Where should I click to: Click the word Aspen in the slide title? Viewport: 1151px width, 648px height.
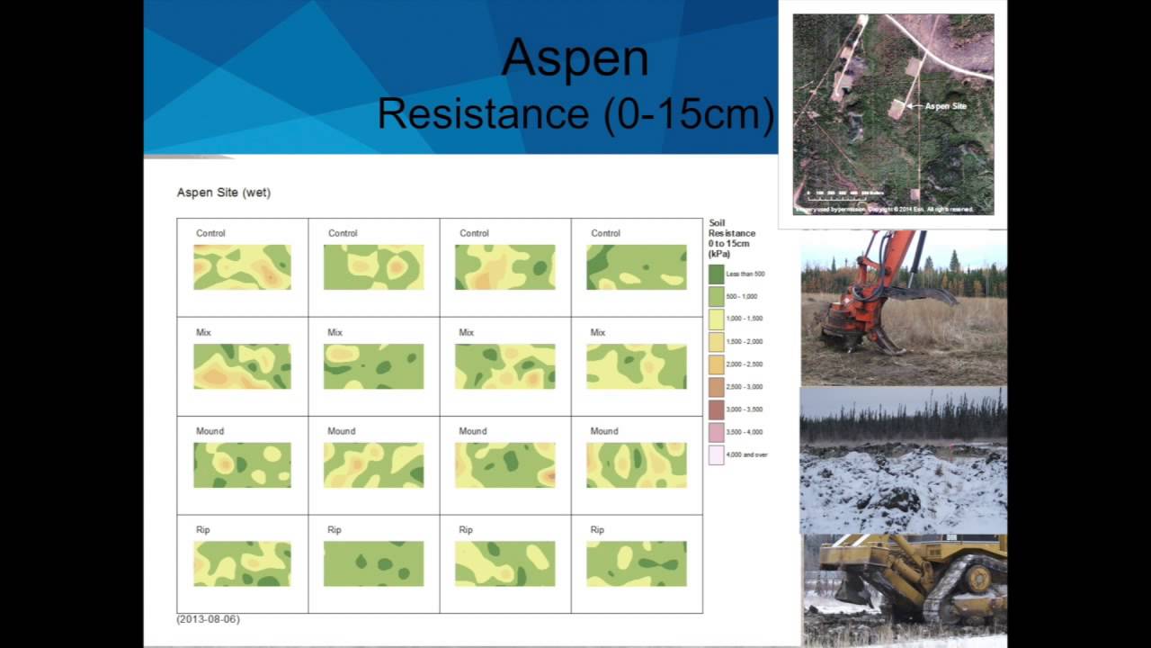click(x=575, y=58)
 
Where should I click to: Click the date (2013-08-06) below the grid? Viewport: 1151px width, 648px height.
click(x=208, y=619)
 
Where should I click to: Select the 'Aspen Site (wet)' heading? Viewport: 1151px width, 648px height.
click(x=224, y=193)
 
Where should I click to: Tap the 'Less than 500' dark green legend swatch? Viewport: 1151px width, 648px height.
click(x=716, y=274)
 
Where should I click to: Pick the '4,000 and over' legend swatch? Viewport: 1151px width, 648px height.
click(x=716, y=454)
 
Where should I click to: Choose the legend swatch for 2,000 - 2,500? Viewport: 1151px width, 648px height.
click(x=716, y=364)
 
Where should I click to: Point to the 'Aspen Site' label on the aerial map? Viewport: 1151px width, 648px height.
click(x=945, y=106)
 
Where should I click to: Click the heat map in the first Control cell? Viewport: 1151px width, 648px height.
click(x=242, y=267)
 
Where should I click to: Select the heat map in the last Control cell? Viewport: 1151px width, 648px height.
click(x=636, y=267)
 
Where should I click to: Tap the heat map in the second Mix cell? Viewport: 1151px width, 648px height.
click(x=373, y=366)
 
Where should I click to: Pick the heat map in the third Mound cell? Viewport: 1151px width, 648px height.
click(x=504, y=465)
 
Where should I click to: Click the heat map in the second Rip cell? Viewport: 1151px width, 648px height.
click(x=373, y=564)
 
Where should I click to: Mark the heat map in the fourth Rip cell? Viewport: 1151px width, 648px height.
click(x=636, y=564)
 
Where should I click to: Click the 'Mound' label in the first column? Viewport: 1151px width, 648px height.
click(x=210, y=431)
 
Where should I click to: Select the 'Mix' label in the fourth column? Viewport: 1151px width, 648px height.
click(x=597, y=332)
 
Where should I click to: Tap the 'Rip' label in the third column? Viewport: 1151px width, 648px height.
click(x=465, y=530)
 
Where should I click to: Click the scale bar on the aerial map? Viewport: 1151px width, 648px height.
click(x=845, y=193)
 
